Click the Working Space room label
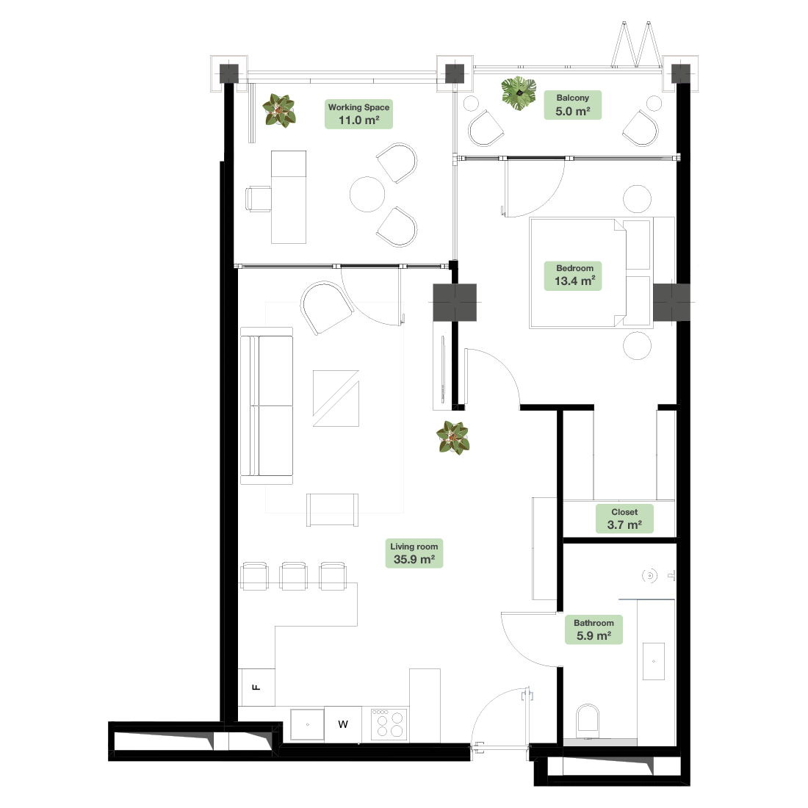click(358, 114)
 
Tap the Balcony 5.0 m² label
click(572, 105)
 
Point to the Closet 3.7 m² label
click(624, 519)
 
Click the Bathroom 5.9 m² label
click(594, 630)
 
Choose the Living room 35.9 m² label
click(414, 553)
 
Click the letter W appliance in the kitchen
click(343, 724)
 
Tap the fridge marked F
click(256, 688)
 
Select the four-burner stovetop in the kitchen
click(389, 724)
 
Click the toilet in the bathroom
click(588, 719)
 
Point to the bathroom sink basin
click(654, 661)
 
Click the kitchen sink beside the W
click(307, 724)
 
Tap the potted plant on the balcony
click(519, 93)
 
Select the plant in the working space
click(279, 110)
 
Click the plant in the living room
click(453, 438)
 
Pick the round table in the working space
click(367, 194)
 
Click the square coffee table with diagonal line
click(336, 398)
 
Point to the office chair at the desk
click(258, 199)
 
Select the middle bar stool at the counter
click(294, 576)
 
